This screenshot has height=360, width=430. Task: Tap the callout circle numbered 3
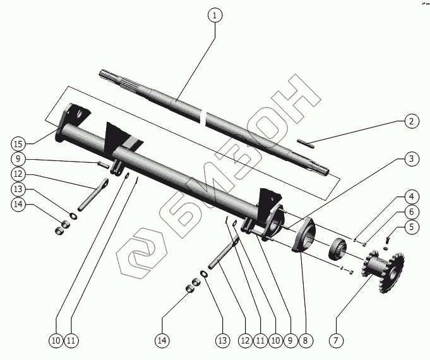coord(411,159)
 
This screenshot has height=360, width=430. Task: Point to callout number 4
coord(411,196)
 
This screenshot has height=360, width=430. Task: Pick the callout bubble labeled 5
coord(411,227)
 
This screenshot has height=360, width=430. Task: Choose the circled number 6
coord(411,212)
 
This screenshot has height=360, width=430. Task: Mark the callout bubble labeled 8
coord(305,340)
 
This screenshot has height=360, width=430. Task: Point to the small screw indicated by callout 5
coord(388,238)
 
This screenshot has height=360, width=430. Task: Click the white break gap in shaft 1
coord(202,116)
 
